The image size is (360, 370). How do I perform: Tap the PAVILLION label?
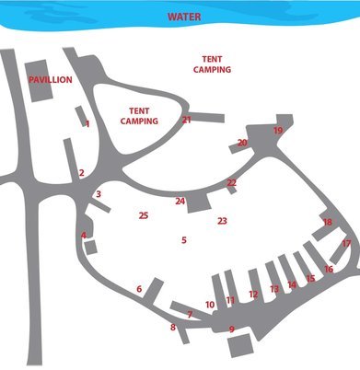click(51, 81)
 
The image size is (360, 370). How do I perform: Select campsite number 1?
click(87, 123)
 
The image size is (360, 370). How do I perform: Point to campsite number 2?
click(81, 173)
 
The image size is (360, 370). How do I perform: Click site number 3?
click(99, 194)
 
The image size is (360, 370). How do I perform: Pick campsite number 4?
click(84, 236)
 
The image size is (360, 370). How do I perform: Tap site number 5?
click(184, 240)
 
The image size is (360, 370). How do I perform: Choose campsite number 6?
click(139, 289)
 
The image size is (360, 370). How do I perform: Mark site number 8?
click(172, 327)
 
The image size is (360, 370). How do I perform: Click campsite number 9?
click(232, 330)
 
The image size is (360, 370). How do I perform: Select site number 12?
click(253, 295)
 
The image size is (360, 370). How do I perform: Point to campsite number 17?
click(346, 244)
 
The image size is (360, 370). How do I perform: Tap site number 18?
click(328, 223)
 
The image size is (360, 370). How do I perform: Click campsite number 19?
click(278, 131)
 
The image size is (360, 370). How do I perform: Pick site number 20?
click(242, 143)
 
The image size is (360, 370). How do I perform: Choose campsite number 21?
click(186, 120)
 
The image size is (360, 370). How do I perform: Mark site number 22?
click(232, 183)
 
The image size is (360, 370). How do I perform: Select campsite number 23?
click(222, 221)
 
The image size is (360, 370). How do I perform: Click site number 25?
click(143, 215)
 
